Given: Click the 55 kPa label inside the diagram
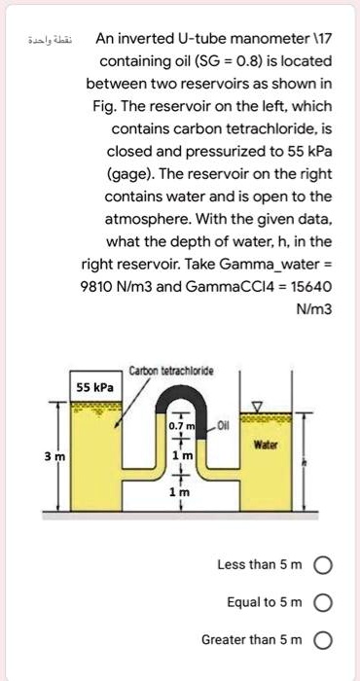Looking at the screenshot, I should (95, 386).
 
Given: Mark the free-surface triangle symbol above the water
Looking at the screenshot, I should (258, 406).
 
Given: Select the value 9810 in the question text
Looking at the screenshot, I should (102, 287).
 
